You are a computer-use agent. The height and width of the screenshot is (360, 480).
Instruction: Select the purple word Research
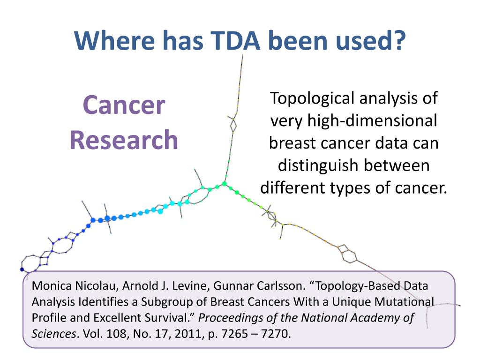(124, 140)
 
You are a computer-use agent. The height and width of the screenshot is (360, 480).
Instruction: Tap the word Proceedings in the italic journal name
(227, 318)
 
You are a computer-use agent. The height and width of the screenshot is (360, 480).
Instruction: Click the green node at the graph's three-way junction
(225, 184)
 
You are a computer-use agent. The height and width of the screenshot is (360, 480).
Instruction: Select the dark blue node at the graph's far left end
(22, 269)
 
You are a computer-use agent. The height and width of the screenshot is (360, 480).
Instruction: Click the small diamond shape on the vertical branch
(233, 124)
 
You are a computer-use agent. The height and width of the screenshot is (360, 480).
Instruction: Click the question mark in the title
(398, 41)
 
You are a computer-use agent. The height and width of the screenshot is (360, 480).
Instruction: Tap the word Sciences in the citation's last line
(51, 335)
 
